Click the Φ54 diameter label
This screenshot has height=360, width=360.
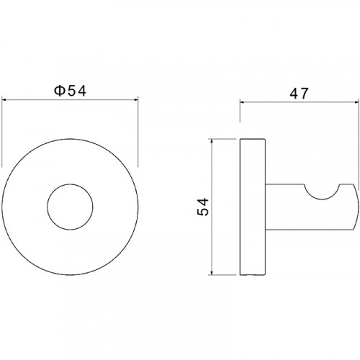click(70, 91)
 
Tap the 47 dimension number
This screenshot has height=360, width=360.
click(299, 94)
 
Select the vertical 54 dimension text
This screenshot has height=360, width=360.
click(203, 207)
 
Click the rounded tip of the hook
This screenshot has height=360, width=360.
click(357, 207)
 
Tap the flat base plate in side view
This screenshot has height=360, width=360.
click(252, 207)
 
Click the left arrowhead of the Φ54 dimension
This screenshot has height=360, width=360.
click(4, 99)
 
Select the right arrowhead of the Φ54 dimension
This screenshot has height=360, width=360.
click(136, 99)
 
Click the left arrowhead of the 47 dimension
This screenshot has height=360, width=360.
click(242, 102)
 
